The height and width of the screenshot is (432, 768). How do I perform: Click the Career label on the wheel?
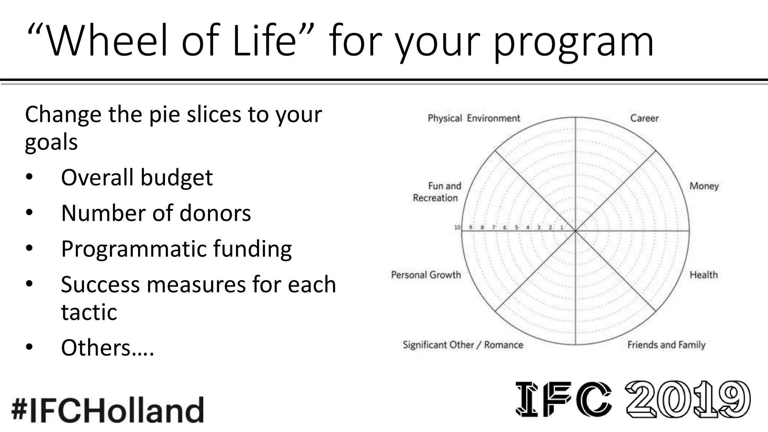pyautogui.click(x=644, y=118)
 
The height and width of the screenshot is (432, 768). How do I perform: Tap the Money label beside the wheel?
pyautogui.click(x=704, y=186)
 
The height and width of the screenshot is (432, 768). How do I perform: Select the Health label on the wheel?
pyautogui.click(x=703, y=275)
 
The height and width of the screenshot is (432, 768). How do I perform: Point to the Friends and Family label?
pyautogui.click(x=666, y=345)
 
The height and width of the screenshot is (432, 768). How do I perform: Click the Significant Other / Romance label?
pyautogui.click(x=463, y=345)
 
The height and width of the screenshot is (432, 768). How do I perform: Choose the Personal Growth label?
pyautogui.click(x=426, y=275)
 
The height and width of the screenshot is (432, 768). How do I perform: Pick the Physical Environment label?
pyautogui.click(x=474, y=118)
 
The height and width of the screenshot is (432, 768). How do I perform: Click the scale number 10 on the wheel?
pyautogui.click(x=457, y=227)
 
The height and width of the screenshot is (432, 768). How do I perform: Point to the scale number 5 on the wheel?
pyautogui.click(x=516, y=227)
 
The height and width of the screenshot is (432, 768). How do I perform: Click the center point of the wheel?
pyautogui.click(x=575, y=231)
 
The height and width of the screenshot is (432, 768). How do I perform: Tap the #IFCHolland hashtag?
pyautogui.click(x=108, y=409)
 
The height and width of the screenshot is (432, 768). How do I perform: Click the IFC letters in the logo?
pyautogui.click(x=563, y=399)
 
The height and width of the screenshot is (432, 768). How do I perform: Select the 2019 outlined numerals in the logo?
pyautogui.click(x=688, y=399)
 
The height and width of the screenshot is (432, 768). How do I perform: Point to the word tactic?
pyautogui.click(x=89, y=312)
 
